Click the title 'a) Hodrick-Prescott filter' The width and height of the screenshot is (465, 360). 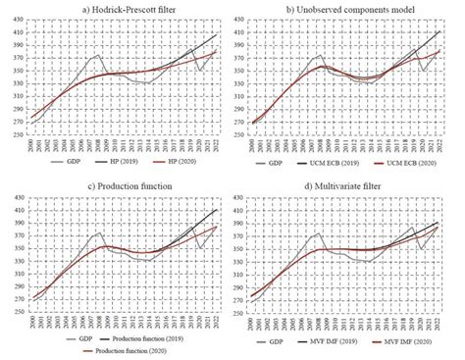pos(116,9)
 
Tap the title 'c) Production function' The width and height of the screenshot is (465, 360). pos(116,187)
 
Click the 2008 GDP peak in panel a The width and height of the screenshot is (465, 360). pos(97,55)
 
